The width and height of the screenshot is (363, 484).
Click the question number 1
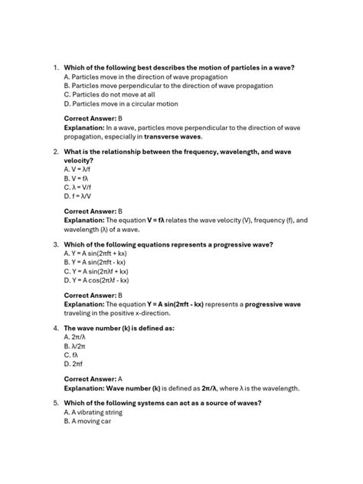pyautogui.click(x=55, y=68)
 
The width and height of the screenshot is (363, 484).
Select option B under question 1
pyautogui.click(x=168, y=86)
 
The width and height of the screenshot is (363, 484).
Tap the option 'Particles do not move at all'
pyautogui.click(x=110, y=95)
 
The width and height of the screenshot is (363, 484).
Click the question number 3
pyautogui.click(x=55, y=245)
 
